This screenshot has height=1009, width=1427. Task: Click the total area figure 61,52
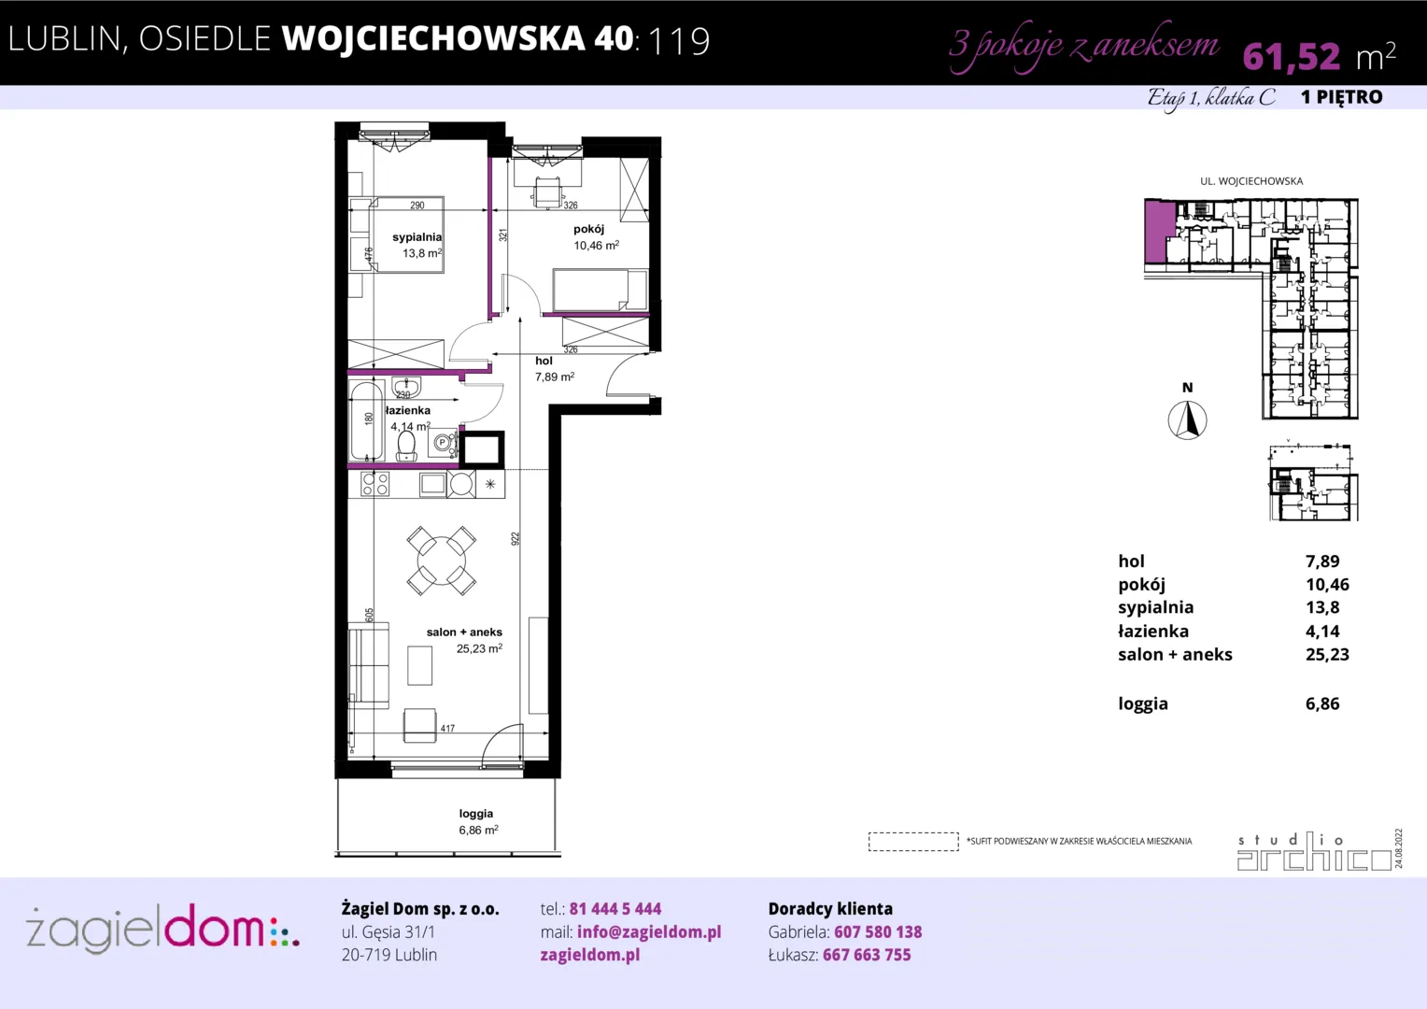(1292, 57)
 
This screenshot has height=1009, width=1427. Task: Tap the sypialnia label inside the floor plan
(417, 237)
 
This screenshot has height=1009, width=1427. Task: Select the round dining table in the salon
(442, 561)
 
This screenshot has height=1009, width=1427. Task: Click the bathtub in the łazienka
(367, 419)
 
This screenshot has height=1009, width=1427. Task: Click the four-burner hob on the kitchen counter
(374, 485)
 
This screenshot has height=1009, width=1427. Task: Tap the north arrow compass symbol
(1187, 420)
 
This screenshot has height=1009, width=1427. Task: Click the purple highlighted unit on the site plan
(1160, 232)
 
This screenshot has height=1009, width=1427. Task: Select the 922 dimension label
(516, 539)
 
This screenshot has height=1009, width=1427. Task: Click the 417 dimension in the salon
(448, 728)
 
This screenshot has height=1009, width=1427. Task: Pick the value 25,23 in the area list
(1327, 655)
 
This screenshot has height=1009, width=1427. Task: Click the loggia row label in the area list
(1143, 703)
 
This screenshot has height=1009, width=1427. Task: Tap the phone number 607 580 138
(878, 931)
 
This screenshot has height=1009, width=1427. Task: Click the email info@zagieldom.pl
(649, 931)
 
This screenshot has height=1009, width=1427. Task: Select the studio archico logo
(1315, 851)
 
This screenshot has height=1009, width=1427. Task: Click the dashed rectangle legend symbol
(913, 842)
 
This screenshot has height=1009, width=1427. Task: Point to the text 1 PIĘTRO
(1342, 97)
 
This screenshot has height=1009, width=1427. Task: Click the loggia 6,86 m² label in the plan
(478, 822)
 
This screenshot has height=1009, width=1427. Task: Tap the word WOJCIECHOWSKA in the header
(433, 38)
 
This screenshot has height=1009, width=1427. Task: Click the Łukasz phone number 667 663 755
(867, 955)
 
